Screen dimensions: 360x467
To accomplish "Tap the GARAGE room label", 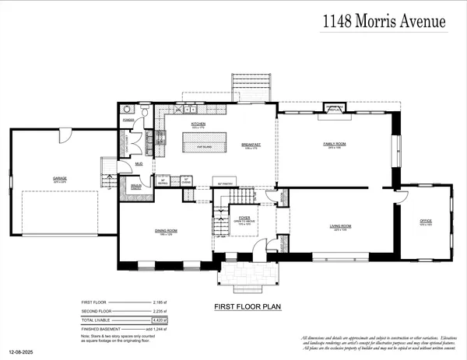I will click(60, 178).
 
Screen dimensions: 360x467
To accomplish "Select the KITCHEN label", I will click(198, 124).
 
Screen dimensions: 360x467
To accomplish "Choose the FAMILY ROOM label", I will click(335, 145).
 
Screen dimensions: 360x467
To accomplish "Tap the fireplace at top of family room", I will click(335, 110).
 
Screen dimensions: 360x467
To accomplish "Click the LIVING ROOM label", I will click(340, 225).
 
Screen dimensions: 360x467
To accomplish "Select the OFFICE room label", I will click(425, 221).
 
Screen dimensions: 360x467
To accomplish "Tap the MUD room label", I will click(138, 165).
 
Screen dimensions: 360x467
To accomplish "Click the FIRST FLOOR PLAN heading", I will click(247, 307).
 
